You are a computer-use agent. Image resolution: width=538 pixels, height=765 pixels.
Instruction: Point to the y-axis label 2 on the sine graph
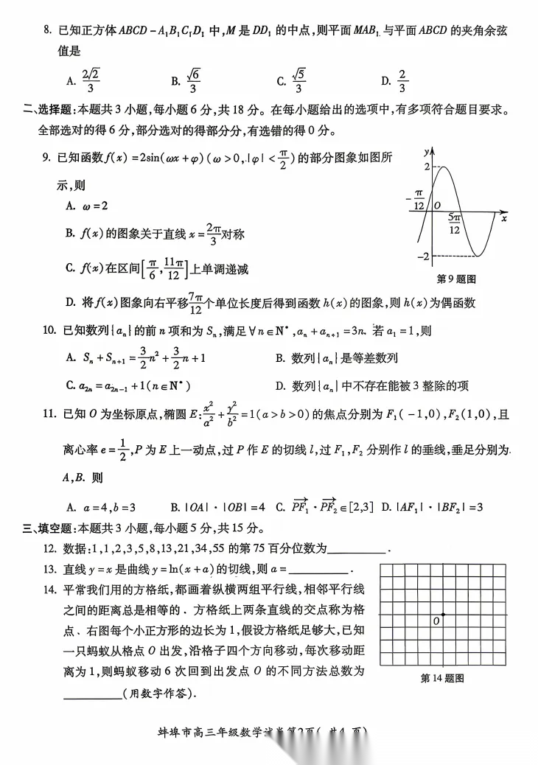(x=425, y=167)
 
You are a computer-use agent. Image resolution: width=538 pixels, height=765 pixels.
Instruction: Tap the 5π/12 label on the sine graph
(x=455, y=224)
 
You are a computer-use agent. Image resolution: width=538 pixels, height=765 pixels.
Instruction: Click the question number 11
(x=49, y=415)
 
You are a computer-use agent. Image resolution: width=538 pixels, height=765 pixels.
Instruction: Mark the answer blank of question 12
(x=356, y=548)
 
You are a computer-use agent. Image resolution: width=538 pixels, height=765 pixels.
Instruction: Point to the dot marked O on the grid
(x=443, y=615)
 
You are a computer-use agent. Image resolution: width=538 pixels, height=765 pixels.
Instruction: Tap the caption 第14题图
(x=442, y=678)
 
